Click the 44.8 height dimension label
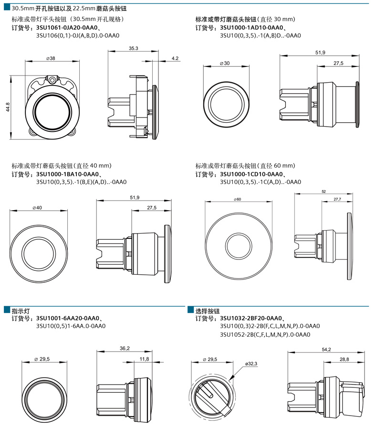8,107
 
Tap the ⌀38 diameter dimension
50,58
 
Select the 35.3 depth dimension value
133,48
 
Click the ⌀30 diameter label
224,64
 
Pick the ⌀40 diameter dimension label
37,208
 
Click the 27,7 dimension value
337,199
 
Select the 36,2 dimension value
125,349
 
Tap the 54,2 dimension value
326,350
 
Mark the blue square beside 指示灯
7,310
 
